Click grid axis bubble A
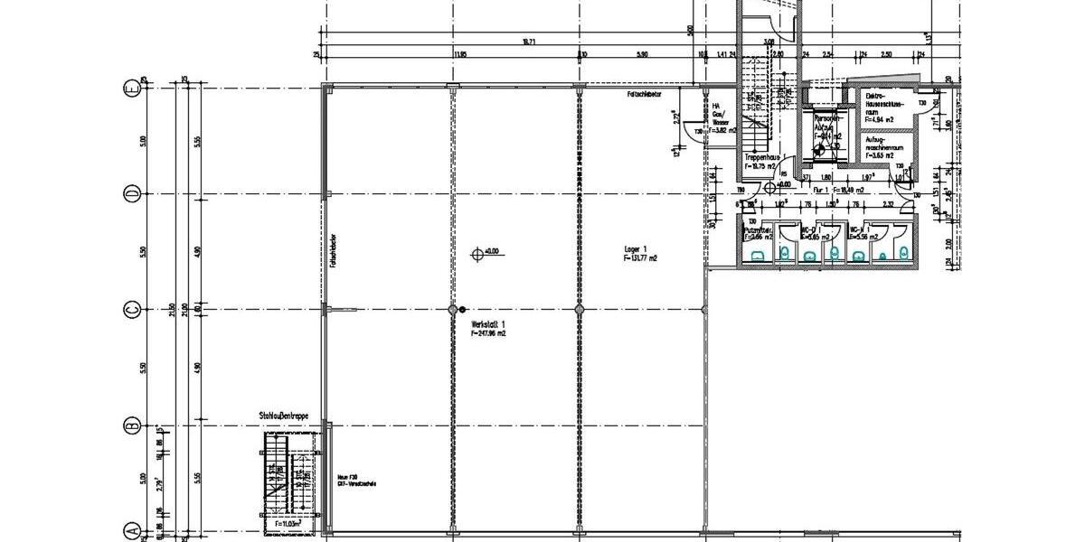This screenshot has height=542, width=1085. pyautogui.click(x=131, y=531)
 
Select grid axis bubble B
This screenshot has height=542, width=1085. pyautogui.click(x=131, y=425)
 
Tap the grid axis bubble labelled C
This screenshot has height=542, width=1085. pyautogui.click(x=131, y=310)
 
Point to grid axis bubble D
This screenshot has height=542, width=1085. pyautogui.click(x=131, y=194)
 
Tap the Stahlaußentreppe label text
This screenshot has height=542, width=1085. pyautogui.click(x=283, y=416)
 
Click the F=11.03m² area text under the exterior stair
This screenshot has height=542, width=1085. pyautogui.click(x=288, y=523)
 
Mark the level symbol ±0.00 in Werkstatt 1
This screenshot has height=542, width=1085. pyautogui.click(x=478, y=254)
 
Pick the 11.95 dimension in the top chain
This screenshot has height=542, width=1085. pyautogui.click(x=460, y=55)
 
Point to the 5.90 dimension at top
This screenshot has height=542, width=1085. pyautogui.click(x=642, y=55)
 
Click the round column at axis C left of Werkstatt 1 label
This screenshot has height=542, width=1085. pyautogui.click(x=453, y=310)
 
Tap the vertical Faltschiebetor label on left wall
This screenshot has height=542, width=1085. pyautogui.click(x=335, y=255)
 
